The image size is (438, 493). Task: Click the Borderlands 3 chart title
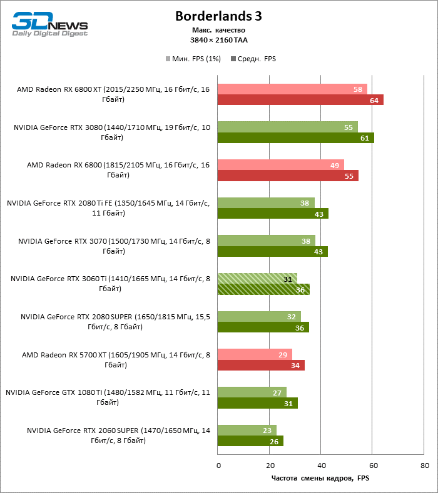(x=218, y=16)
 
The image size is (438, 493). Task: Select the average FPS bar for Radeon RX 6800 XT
(x=300, y=100)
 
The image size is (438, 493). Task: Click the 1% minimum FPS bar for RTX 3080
(x=287, y=127)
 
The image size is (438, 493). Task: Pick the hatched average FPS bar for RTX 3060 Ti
(x=263, y=289)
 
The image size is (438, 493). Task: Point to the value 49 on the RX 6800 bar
(x=334, y=165)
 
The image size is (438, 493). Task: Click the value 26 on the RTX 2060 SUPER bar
(x=273, y=441)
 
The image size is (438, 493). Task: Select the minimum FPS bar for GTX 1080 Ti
(x=252, y=392)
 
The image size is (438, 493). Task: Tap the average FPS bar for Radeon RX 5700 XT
(x=261, y=366)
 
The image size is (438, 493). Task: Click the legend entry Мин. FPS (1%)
(x=192, y=59)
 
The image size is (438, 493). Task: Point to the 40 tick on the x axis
(x=321, y=466)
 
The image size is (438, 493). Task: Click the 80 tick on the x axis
(x=425, y=466)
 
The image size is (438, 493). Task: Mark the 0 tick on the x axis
(x=218, y=466)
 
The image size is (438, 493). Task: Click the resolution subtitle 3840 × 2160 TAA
(x=218, y=40)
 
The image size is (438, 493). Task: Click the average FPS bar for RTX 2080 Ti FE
(x=273, y=214)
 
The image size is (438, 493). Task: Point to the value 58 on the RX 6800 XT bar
(x=358, y=89)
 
